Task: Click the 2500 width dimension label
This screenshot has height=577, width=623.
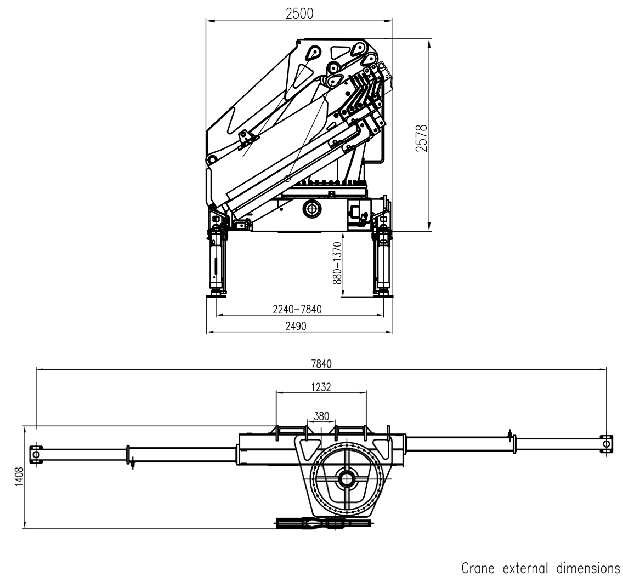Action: pos(299,14)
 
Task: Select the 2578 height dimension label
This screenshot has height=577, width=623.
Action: pos(421,138)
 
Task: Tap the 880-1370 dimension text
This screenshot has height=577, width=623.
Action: pos(337,262)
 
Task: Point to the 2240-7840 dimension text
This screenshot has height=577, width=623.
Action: pos(297,309)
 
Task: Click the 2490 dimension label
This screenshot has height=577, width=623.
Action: pos(296,326)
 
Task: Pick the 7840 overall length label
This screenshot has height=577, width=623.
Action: pos(321,364)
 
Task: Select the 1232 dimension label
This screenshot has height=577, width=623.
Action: pos(321,387)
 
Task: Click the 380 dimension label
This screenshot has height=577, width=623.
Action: pos(321,416)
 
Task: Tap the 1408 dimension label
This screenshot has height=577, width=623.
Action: pos(19,477)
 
